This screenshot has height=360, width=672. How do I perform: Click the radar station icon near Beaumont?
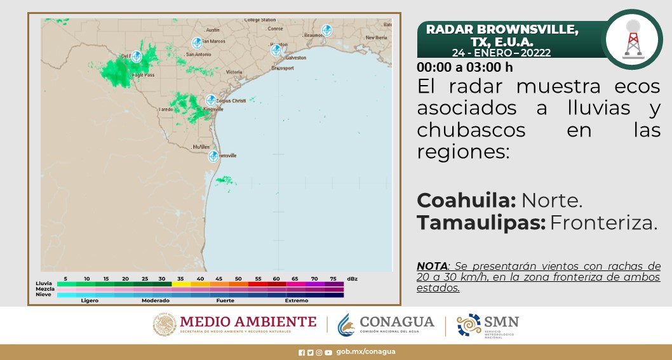click(326, 30)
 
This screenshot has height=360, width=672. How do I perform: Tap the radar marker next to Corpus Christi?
click(211, 100)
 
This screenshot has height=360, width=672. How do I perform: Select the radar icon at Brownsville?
click(213, 156)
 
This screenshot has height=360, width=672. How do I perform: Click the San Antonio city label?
click(198, 55)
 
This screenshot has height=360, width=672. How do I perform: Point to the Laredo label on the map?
click(166, 109)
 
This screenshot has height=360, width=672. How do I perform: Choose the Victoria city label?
click(234, 72)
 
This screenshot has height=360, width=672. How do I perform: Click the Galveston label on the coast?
click(295, 58)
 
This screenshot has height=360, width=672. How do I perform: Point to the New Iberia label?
click(376, 37)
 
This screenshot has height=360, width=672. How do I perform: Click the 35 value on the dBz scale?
click(181, 279)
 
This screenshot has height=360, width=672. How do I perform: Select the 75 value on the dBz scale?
click(333, 279)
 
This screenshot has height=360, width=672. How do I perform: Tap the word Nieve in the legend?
click(44, 295)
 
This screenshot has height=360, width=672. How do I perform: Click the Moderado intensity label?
click(156, 300)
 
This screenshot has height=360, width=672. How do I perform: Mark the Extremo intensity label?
click(296, 300)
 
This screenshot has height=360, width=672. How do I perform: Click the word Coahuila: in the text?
click(466, 201)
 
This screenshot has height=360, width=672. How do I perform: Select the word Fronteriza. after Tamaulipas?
click(603, 223)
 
